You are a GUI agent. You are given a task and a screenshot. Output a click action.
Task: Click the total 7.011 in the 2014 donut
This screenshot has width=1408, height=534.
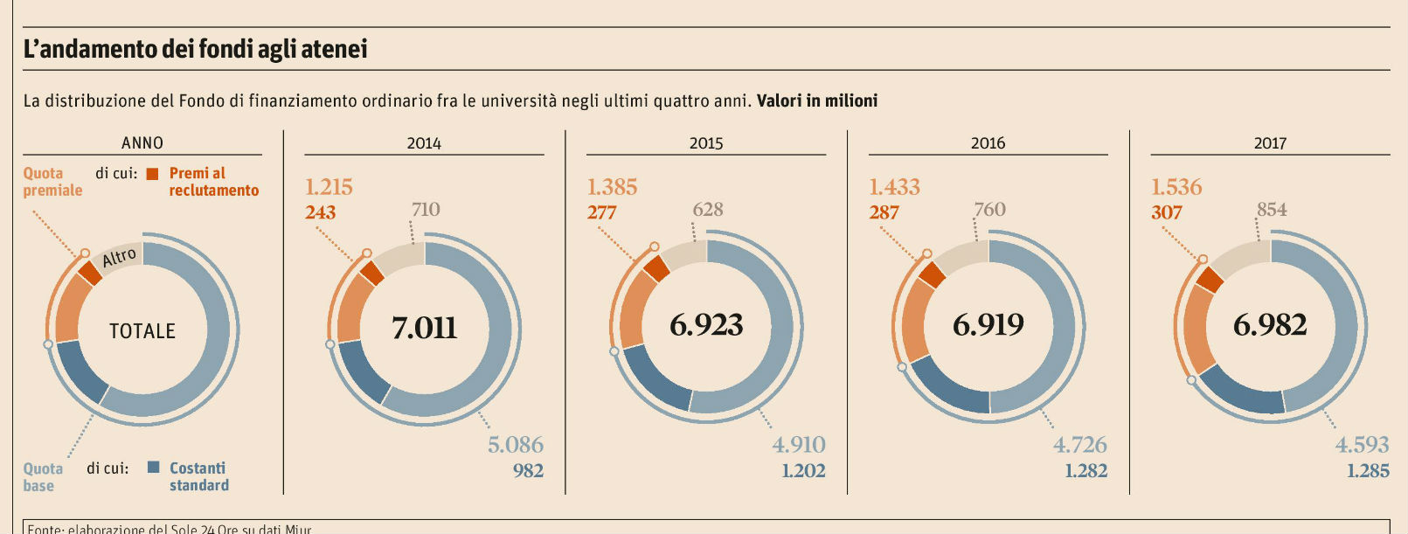coord(424,328)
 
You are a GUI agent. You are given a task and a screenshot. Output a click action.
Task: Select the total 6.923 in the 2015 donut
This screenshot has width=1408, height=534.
coord(706,325)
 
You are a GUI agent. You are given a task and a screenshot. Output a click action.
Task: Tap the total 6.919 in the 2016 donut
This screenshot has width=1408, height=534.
coord(988,325)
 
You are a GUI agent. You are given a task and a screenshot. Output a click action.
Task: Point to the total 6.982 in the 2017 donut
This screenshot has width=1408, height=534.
coord(1270,325)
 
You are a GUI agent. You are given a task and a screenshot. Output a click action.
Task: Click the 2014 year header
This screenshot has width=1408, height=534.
coord(424,143)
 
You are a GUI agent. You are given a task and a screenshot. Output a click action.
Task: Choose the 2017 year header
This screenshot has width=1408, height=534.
coord(1270,143)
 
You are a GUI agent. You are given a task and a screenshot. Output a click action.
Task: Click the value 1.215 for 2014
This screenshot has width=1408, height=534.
coord(329,187)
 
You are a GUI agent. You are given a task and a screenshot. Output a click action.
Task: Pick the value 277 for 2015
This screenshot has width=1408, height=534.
coord(601,212)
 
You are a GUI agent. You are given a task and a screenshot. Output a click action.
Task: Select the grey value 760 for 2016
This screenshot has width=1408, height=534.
coord(989,209)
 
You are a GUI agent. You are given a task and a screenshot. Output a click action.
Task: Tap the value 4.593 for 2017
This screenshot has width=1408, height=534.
coord(1362,445)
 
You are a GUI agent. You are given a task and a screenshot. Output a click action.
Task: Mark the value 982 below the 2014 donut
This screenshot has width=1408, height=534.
coord(528,471)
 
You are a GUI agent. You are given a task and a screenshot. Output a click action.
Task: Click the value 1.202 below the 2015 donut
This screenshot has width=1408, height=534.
coord(803,471)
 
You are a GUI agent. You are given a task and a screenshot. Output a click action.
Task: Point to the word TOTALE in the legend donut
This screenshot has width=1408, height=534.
coord(142,331)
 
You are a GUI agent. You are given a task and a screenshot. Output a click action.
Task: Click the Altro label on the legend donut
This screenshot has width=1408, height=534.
coord(120,257)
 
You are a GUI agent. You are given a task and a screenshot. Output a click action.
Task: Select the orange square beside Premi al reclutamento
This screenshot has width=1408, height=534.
coord(153,174)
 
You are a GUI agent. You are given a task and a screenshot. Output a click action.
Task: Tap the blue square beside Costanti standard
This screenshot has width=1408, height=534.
coord(154,468)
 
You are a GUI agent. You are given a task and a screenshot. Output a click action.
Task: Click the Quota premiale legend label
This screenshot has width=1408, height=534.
coord(52,182)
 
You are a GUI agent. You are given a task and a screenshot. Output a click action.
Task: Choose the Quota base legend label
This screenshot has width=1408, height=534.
coord(43,477)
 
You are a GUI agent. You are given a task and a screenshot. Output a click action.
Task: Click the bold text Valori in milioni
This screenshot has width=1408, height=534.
coord(816,101)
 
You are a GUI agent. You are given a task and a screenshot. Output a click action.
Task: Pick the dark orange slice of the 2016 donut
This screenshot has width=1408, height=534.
coord(933,274)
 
